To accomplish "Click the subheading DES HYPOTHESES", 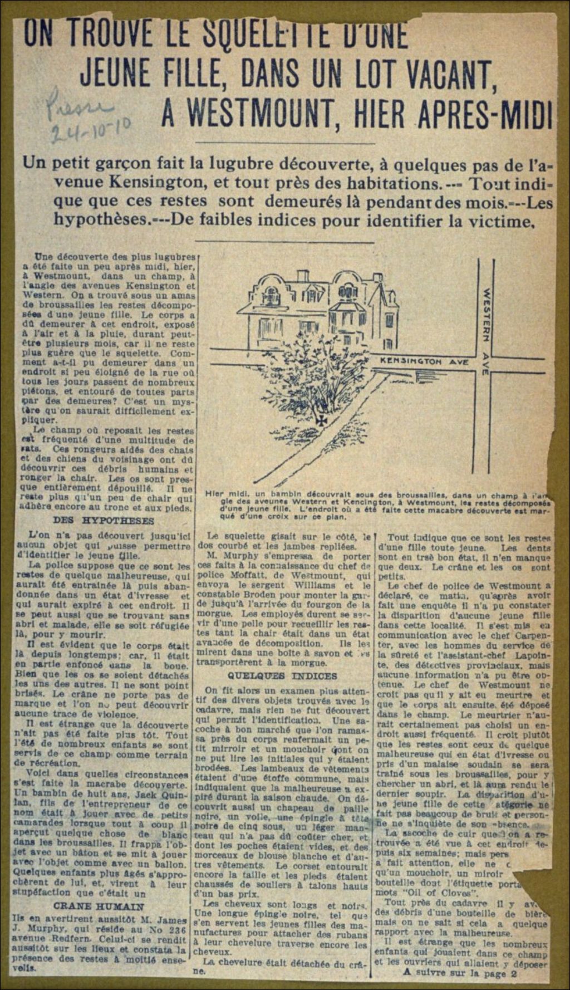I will (x=104, y=521).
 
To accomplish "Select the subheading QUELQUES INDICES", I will (x=282, y=676).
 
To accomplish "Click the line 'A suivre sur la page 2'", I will (x=460, y=973).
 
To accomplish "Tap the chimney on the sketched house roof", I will (x=302, y=277).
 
